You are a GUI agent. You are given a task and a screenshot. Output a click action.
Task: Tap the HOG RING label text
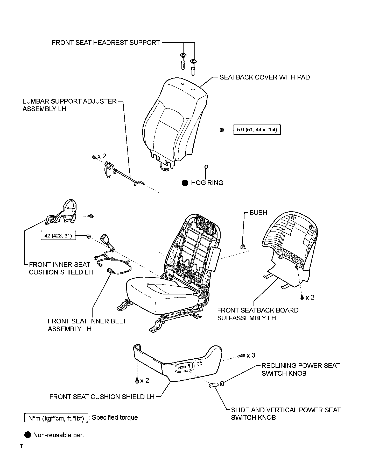coord(207,183)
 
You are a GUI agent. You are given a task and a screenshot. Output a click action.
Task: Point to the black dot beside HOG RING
coord(185,183)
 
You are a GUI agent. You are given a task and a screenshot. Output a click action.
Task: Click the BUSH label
coord(258,213)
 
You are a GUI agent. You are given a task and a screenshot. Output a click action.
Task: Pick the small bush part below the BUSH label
coord(243,247)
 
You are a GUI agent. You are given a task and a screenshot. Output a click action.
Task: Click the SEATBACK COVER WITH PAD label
coord(265,77)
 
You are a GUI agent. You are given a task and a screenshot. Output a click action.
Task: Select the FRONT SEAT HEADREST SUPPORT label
coord(106,42)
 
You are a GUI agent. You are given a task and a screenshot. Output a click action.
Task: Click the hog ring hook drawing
coord(206,167)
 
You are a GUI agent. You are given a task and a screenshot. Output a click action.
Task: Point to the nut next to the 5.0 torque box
coord(222,130)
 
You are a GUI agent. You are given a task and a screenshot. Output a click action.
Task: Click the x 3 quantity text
coord(251,355)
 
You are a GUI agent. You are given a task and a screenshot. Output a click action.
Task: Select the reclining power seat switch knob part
coord(222,383)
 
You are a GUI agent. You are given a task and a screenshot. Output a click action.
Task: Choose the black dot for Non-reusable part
coord(28,435)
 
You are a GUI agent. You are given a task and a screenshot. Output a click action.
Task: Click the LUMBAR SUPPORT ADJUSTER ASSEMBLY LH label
coord(69,105)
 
